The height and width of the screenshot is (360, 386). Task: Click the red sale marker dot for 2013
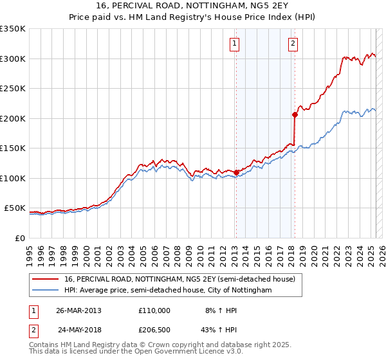pyautogui.click(x=236, y=172)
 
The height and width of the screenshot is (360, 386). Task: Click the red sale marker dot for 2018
pyautogui.click(x=295, y=114)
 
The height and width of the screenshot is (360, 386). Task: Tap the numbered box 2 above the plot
pyautogui.click(x=293, y=44)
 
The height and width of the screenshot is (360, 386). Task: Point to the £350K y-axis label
pyautogui.click(x=13, y=29)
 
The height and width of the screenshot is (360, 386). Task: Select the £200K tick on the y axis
pyautogui.click(x=13, y=118)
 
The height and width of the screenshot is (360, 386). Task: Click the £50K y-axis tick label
pyautogui.click(x=15, y=208)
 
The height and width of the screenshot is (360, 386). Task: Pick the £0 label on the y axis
pyautogui.click(x=21, y=239)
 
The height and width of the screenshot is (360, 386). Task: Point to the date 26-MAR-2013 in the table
pyautogui.click(x=78, y=310)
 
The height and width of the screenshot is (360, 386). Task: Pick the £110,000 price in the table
pyautogui.click(x=154, y=310)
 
